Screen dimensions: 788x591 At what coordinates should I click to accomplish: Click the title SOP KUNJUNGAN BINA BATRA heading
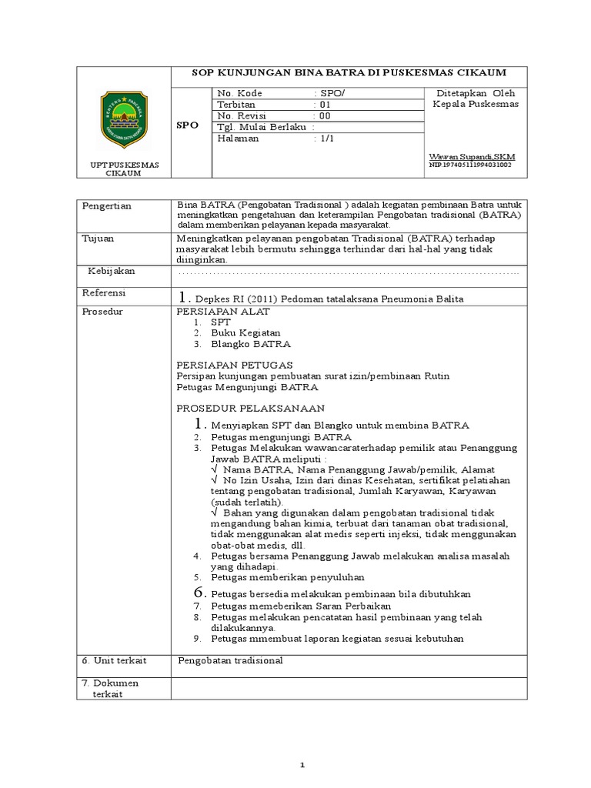pyautogui.click(x=349, y=73)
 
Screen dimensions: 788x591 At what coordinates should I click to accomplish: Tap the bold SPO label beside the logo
pyautogui.click(x=187, y=125)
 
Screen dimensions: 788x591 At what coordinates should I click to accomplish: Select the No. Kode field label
pyautogui.click(x=240, y=93)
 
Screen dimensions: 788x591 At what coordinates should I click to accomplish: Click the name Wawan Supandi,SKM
pyautogui.click(x=472, y=156)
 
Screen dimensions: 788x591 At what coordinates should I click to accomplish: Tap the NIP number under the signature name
pyautogui.click(x=469, y=165)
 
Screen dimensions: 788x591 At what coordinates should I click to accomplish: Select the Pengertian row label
pyautogui.click(x=107, y=206)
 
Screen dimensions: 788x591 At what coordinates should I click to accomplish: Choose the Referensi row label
pyautogui.click(x=103, y=294)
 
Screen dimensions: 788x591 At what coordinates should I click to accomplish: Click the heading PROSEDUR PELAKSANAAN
pyautogui.click(x=251, y=408)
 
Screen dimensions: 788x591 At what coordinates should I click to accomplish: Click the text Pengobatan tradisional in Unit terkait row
pyautogui.click(x=231, y=660)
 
